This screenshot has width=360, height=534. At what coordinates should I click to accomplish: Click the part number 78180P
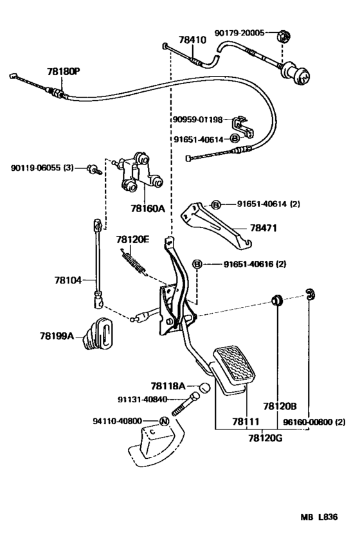click(x=64, y=71)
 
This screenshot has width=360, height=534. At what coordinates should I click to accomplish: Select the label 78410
click(x=192, y=40)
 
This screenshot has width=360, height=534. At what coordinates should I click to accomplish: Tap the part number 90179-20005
click(x=239, y=33)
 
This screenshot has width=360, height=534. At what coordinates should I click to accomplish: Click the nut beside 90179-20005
click(x=283, y=35)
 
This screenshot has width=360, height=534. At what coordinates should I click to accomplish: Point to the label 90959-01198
click(x=197, y=120)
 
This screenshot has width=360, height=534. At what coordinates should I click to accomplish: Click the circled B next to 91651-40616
click(x=197, y=264)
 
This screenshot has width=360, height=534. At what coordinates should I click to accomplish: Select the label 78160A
click(x=147, y=208)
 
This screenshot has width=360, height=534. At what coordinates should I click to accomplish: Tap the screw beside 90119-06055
click(x=94, y=169)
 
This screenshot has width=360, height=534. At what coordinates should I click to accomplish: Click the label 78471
click(x=264, y=228)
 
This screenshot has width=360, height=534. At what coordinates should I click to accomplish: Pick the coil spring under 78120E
click(x=134, y=262)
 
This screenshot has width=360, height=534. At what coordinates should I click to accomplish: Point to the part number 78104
click(x=67, y=280)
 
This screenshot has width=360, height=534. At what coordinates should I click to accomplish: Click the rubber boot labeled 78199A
click(x=99, y=334)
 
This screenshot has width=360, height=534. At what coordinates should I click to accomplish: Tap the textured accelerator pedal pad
click(x=235, y=366)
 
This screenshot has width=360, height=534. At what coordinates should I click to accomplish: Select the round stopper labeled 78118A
click(x=204, y=387)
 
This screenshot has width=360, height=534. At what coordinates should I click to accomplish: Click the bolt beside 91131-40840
click(x=185, y=404)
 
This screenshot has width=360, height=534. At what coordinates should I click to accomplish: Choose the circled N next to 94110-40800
click(x=164, y=422)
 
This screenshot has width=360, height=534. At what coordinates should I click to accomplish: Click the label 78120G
click(x=265, y=438)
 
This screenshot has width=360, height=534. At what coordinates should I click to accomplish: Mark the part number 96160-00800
click(x=307, y=422)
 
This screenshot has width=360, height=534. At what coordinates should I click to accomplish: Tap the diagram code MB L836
click(x=319, y=517)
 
